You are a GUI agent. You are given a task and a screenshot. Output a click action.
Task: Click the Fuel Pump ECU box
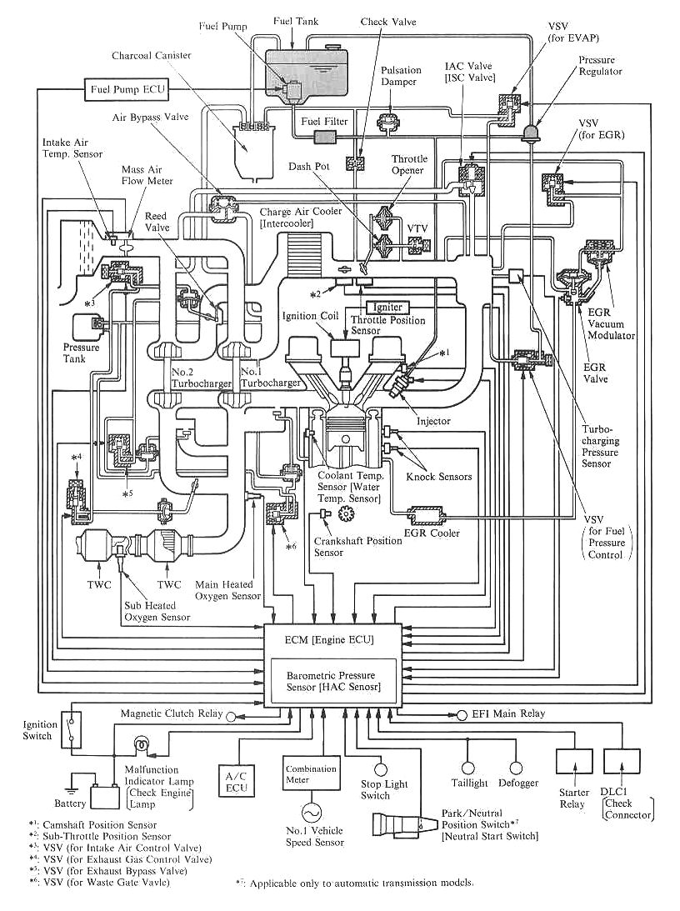coord(127,90)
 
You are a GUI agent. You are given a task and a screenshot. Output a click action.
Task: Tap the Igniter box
coord(387,308)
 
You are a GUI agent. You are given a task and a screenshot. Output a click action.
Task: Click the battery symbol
coord(103,795)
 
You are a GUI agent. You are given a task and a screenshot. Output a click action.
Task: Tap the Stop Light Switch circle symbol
coord(380,770)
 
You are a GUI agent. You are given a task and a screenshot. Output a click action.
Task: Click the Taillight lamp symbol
coord(468,768)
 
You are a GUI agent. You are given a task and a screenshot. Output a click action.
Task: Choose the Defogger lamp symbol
coord(515,768)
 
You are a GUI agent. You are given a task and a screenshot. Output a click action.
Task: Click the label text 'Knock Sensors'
coord(439,477)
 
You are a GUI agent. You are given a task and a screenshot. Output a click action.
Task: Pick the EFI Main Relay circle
coord(462,714)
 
